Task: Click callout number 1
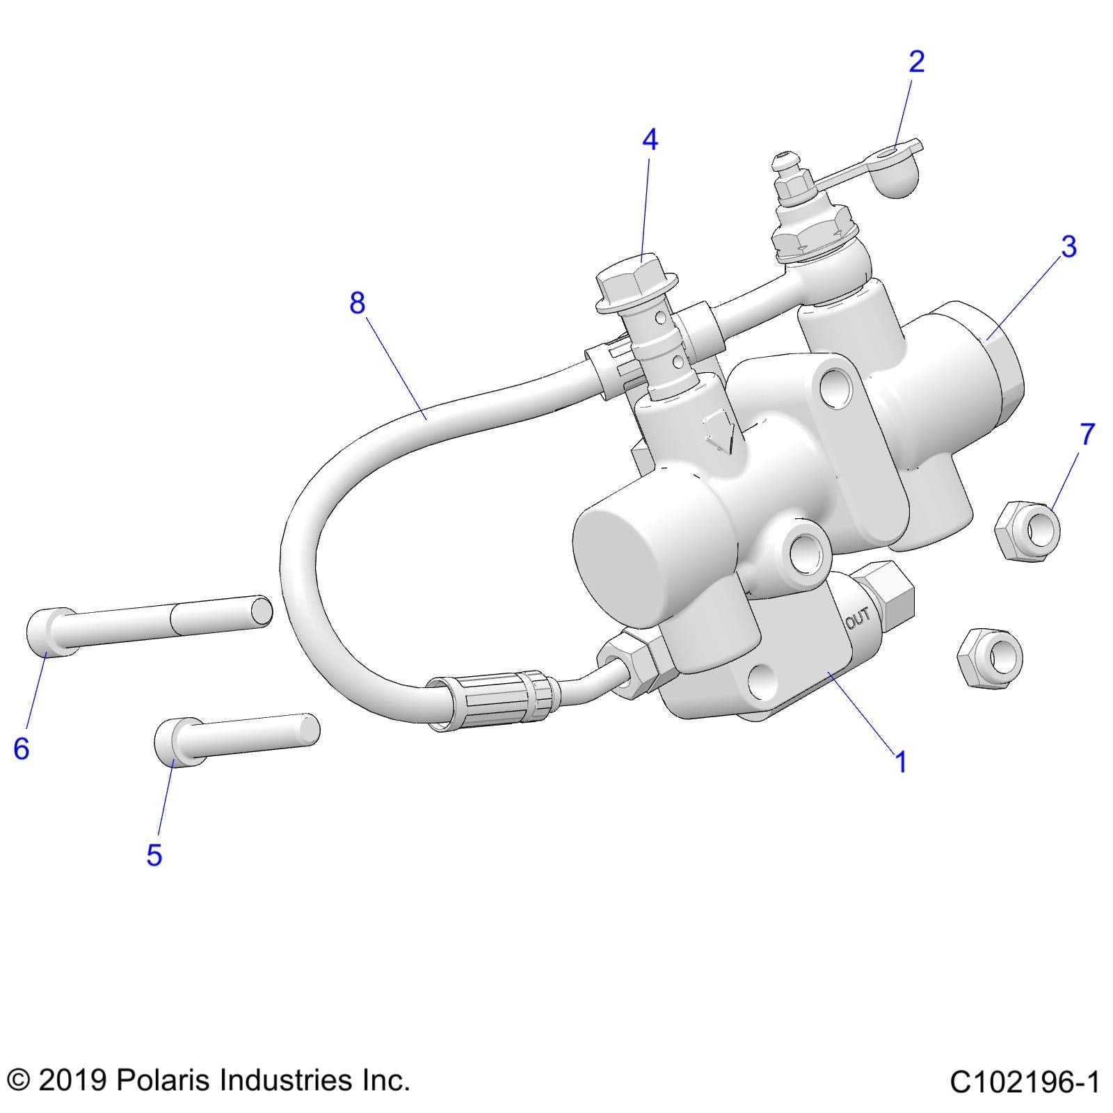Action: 901,762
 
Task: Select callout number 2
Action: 917,62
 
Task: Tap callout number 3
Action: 1068,247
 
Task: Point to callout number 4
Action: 649,140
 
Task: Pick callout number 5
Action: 154,855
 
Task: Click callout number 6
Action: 22,748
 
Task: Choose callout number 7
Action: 1087,434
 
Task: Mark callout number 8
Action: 357,303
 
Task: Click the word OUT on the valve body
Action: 858,617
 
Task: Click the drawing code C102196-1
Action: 1024,1082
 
